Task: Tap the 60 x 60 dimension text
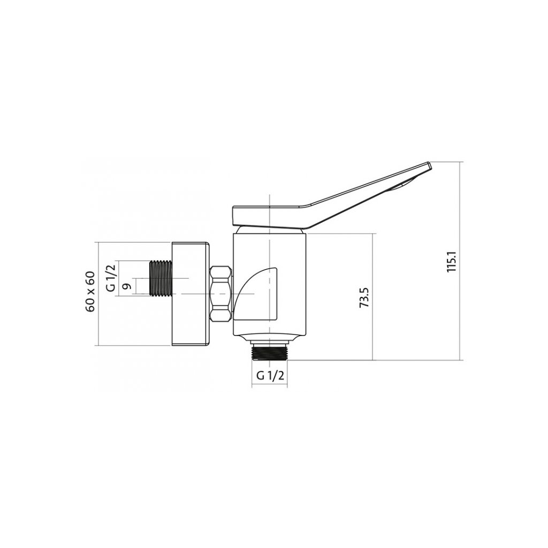tap(90, 292)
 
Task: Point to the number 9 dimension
tap(127, 286)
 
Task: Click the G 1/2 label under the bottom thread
tap(270, 376)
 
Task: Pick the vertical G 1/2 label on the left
tap(110, 278)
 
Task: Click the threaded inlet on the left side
tap(161, 279)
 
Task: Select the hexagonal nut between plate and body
tap(220, 294)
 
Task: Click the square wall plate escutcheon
tap(191, 294)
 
